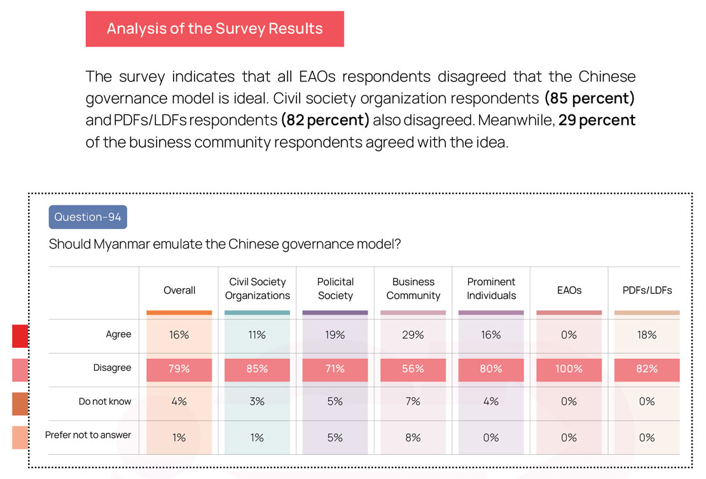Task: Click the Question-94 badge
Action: (x=88, y=217)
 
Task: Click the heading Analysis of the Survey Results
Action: (x=214, y=29)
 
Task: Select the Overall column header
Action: (x=179, y=290)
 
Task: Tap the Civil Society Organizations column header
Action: (x=257, y=289)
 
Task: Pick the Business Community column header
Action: (x=413, y=289)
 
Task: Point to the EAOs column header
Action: (x=569, y=290)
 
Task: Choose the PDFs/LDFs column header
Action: (x=647, y=290)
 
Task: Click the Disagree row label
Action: (x=113, y=368)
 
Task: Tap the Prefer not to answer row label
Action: (x=88, y=435)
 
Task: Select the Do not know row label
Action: (x=105, y=401)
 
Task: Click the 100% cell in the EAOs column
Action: (x=569, y=369)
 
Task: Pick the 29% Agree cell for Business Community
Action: (x=413, y=335)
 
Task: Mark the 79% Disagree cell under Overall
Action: (x=179, y=369)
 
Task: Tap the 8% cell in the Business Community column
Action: (x=413, y=438)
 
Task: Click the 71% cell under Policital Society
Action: (x=335, y=369)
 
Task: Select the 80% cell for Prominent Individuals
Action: (x=491, y=369)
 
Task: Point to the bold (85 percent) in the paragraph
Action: (x=589, y=99)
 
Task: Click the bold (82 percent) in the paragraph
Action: (x=324, y=120)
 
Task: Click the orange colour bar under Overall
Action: (x=179, y=312)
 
